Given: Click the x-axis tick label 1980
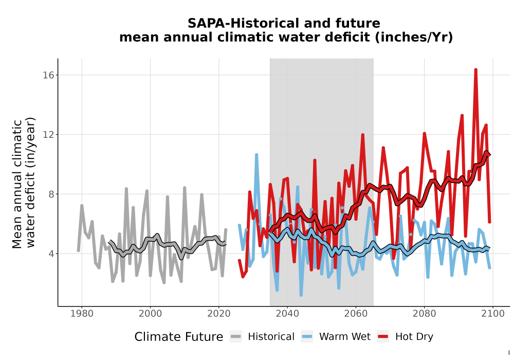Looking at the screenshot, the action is click(x=82, y=314).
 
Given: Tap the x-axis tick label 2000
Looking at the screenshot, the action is click(x=150, y=314).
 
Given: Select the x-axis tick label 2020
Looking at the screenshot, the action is click(x=218, y=314).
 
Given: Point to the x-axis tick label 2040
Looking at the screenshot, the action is click(x=287, y=314).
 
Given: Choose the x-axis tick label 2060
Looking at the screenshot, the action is click(x=356, y=314).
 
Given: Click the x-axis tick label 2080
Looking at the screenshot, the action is click(x=424, y=314).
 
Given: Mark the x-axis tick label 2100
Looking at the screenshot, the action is click(x=493, y=314).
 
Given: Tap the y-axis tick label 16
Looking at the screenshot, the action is click(x=48, y=75).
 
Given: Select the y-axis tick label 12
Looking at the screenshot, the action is click(x=48, y=135).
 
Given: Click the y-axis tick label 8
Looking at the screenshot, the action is click(x=51, y=194).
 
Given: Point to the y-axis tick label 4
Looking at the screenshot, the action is click(x=51, y=254).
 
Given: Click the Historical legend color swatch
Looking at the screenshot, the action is click(x=236, y=337).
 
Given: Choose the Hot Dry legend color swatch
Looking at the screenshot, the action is click(x=383, y=337).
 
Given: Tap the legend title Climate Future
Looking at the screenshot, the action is click(x=179, y=337).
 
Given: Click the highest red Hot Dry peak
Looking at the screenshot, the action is click(x=475, y=69).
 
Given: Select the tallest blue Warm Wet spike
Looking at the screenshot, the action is click(x=256, y=154).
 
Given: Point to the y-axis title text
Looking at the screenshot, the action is click(x=24, y=183).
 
